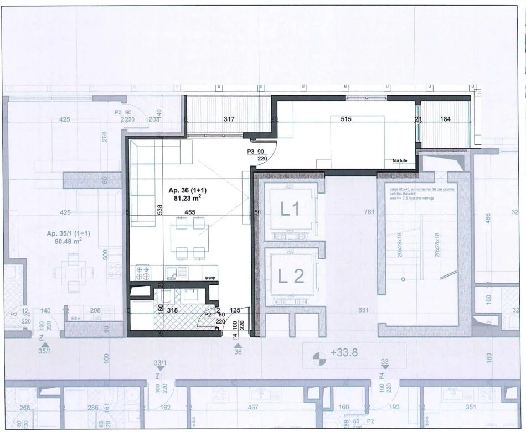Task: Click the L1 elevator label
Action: (290, 209)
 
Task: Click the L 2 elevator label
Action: (291, 275)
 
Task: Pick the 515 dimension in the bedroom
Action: (347, 119)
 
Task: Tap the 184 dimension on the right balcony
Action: (445, 119)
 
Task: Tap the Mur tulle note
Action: (400, 160)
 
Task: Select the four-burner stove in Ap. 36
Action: (142, 272)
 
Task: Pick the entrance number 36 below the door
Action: (238, 350)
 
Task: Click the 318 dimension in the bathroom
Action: (173, 310)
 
